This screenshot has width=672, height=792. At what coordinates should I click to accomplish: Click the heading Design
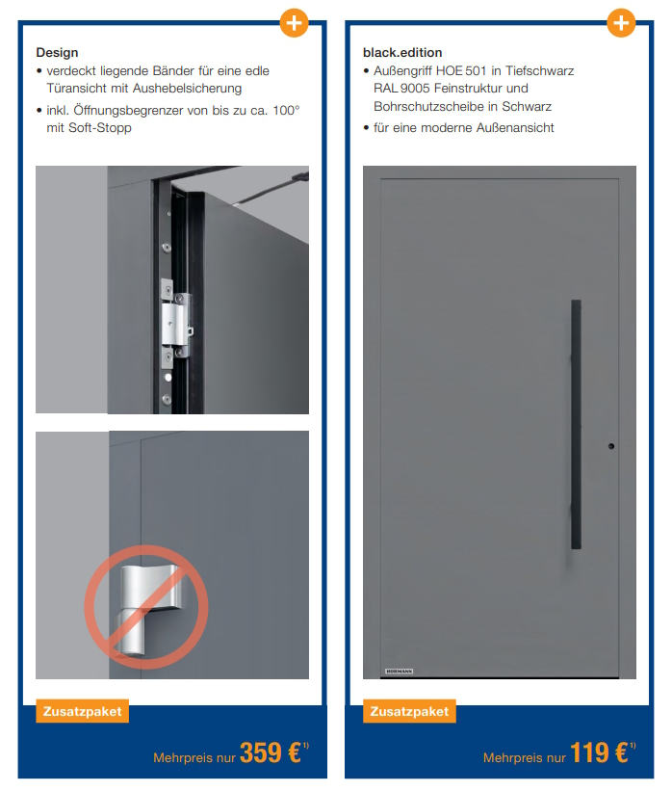click(x=57, y=53)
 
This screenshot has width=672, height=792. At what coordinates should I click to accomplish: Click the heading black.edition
click(x=402, y=53)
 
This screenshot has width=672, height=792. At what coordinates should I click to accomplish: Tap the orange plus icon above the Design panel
click(x=294, y=23)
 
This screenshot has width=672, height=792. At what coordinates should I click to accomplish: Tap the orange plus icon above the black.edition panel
click(x=621, y=23)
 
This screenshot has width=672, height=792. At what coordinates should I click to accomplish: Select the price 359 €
click(x=271, y=752)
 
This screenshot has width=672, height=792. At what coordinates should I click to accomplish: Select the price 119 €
click(x=599, y=752)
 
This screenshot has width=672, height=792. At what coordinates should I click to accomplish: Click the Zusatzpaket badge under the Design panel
click(x=82, y=711)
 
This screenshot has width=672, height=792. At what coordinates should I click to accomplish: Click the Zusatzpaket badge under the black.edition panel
click(x=409, y=711)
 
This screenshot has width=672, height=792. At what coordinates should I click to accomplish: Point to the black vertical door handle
click(x=576, y=424)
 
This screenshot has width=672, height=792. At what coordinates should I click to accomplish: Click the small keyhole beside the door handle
click(x=611, y=446)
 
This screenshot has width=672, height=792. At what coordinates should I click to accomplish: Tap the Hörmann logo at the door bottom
click(x=399, y=672)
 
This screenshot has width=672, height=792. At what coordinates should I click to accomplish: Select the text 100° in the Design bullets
click(x=286, y=110)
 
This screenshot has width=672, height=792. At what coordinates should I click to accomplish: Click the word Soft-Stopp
click(x=100, y=128)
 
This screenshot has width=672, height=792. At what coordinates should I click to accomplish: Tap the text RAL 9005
click(x=401, y=89)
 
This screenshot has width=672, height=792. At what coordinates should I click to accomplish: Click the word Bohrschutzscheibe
click(x=428, y=107)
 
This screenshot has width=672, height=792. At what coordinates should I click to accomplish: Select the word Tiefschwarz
click(x=540, y=70)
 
